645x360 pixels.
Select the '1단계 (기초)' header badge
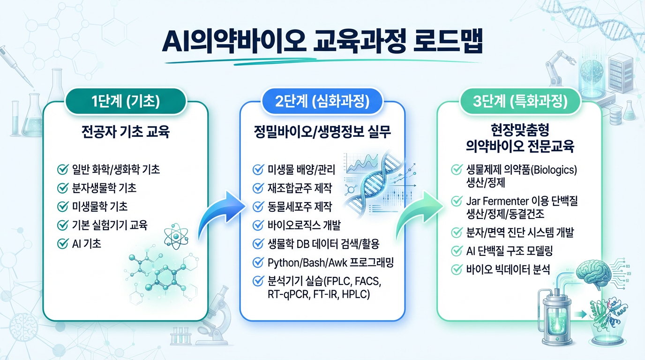(126, 102)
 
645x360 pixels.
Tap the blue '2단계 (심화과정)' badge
(322, 102)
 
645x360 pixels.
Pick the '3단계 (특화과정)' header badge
(520, 102)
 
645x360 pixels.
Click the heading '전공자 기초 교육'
(126, 132)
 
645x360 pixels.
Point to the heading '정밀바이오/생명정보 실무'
(322, 132)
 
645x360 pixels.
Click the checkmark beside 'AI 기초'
(63, 244)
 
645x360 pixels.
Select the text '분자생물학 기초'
(104, 188)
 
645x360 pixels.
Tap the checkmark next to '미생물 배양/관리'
(258, 169)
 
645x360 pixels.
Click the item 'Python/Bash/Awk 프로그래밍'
(330, 262)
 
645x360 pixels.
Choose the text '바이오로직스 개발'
(304, 225)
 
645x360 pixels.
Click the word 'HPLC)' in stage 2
(356, 294)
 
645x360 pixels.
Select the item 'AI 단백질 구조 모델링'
(510, 251)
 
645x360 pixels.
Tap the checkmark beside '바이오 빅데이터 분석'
(457, 270)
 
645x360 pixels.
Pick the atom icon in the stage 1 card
(176, 236)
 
